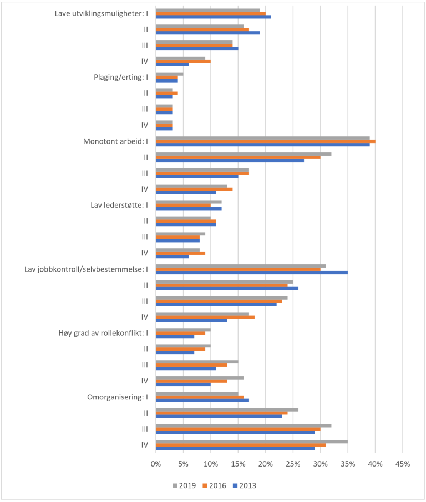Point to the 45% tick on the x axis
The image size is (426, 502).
(x=402, y=464)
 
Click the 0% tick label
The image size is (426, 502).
(x=156, y=464)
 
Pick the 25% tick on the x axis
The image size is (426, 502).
(x=293, y=464)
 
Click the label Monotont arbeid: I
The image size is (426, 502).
(x=115, y=141)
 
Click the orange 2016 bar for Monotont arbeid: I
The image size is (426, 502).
(x=265, y=141)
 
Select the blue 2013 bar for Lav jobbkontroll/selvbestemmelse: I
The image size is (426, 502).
(x=252, y=273)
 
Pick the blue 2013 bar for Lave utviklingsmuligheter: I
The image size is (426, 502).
(x=214, y=17)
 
